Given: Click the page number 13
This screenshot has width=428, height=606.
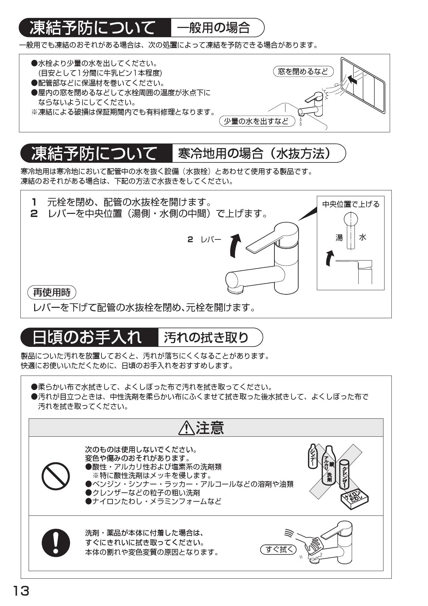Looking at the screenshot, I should pyautogui.click(x=21, y=591).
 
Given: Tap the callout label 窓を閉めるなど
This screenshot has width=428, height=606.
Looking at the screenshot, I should pyautogui.click(x=303, y=72).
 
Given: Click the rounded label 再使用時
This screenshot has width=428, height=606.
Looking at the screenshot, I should pyautogui.click(x=52, y=293).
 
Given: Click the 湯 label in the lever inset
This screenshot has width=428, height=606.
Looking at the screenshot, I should pyautogui.click(x=339, y=237).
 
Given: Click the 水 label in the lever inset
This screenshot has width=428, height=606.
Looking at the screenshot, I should pyautogui.click(x=363, y=237).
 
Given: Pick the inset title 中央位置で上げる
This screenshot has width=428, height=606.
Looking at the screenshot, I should pyautogui.click(x=351, y=204).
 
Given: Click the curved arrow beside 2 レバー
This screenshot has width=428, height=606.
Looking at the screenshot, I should pyautogui.click(x=235, y=246).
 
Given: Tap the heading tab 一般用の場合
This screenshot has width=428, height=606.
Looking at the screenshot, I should pyautogui.click(x=214, y=28).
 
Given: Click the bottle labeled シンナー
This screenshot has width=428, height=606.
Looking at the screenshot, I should pyautogui.click(x=313, y=456).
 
